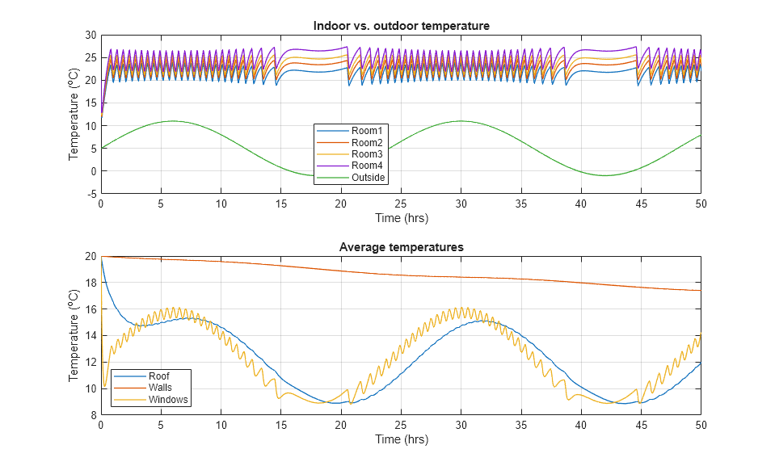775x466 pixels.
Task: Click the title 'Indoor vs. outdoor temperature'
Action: pyautogui.click(x=401, y=26)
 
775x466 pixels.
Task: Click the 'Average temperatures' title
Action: pyautogui.click(x=401, y=247)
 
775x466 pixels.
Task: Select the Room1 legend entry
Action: pyautogui.click(x=364, y=131)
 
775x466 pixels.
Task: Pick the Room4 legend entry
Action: pyautogui.click(x=364, y=166)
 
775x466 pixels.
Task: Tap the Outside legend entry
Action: pyautogui.click(x=368, y=178)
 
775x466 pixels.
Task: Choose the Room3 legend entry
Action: pyautogui.click(x=364, y=154)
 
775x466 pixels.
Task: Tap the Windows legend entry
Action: pyautogui.click(x=167, y=399)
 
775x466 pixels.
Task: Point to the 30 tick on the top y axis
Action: pyautogui.click(x=91, y=36)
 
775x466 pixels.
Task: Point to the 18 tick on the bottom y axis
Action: pyautogui.click(x=91, y=283)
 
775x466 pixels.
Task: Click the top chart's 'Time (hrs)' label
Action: pyautogui.click(x=401, y=218)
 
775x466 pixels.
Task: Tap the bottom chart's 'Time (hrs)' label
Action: pyautogui.click(x=401, y=439)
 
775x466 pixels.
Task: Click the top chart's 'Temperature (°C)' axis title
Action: pyautogui.click(x=74, y=115)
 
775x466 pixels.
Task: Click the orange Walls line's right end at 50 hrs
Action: pyautogui.click(x=700, y=291)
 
